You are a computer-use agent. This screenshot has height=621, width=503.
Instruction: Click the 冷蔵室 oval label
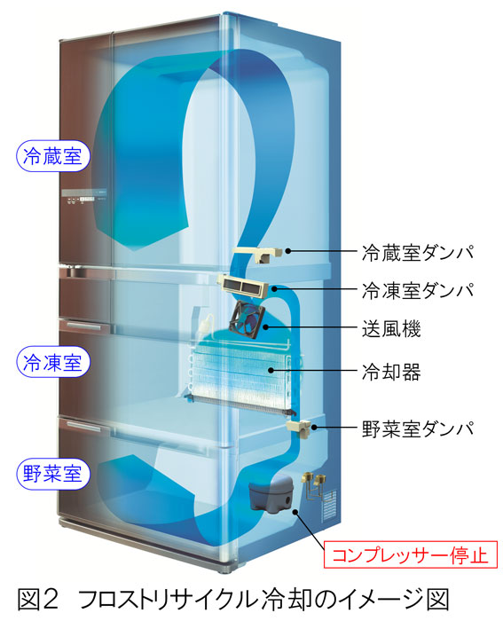click(x=52, y=156)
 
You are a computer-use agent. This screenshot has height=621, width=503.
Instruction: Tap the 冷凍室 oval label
click(x=52, y=362)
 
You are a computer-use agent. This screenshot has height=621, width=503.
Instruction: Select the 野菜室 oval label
click(x=52, y=474)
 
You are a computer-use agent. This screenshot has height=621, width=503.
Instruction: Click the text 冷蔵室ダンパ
click(x=418, y=251)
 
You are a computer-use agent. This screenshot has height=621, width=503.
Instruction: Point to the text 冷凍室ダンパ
click(x=418, y=290)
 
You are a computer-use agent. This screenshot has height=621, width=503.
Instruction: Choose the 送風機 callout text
click(x=391, y=328)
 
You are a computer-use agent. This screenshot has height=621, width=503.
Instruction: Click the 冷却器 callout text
click(x=391, y=372)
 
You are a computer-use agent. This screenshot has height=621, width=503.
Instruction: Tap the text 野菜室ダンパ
click(x=418, y=428)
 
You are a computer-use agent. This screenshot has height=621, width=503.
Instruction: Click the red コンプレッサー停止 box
click(x=411, y=554)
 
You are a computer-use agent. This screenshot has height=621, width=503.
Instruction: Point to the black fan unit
click(x=247, y=319)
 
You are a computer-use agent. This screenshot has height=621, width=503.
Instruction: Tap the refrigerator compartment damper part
click(x=257, y=254)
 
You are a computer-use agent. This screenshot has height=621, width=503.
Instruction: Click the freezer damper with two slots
click(x=243, y=286)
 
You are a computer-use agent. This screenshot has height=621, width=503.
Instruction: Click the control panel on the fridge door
click(x=84, y=197)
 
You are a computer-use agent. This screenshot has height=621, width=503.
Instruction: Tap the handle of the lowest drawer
click(x=83, y=427)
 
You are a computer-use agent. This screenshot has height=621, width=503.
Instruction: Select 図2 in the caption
click(x=38, y=599)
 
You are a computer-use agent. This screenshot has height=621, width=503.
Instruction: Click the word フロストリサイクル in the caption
click(x=168, y=599)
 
